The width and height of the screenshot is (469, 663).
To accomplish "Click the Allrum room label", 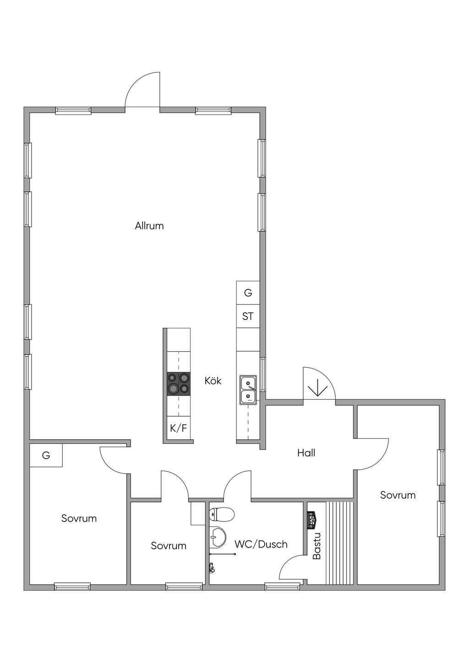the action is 149,226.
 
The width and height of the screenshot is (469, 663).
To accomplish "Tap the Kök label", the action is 213,381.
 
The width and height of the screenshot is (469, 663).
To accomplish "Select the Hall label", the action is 306,453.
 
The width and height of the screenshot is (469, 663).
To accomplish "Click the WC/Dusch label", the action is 261,544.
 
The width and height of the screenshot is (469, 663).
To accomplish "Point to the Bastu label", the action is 316,546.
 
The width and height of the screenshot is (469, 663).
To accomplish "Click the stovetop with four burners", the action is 179,384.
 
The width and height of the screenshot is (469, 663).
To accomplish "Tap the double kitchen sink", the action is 248,389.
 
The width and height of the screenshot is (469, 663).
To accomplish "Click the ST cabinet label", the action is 248,316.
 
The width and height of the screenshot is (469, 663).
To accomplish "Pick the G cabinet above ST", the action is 248,293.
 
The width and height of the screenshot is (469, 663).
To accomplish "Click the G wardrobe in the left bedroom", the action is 46,455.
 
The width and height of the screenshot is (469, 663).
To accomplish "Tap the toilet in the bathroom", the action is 222,514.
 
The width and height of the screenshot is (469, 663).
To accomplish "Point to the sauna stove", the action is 312,520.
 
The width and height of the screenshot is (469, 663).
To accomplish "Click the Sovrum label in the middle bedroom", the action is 169,546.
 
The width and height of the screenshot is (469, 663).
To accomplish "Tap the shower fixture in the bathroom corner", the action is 211,568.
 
